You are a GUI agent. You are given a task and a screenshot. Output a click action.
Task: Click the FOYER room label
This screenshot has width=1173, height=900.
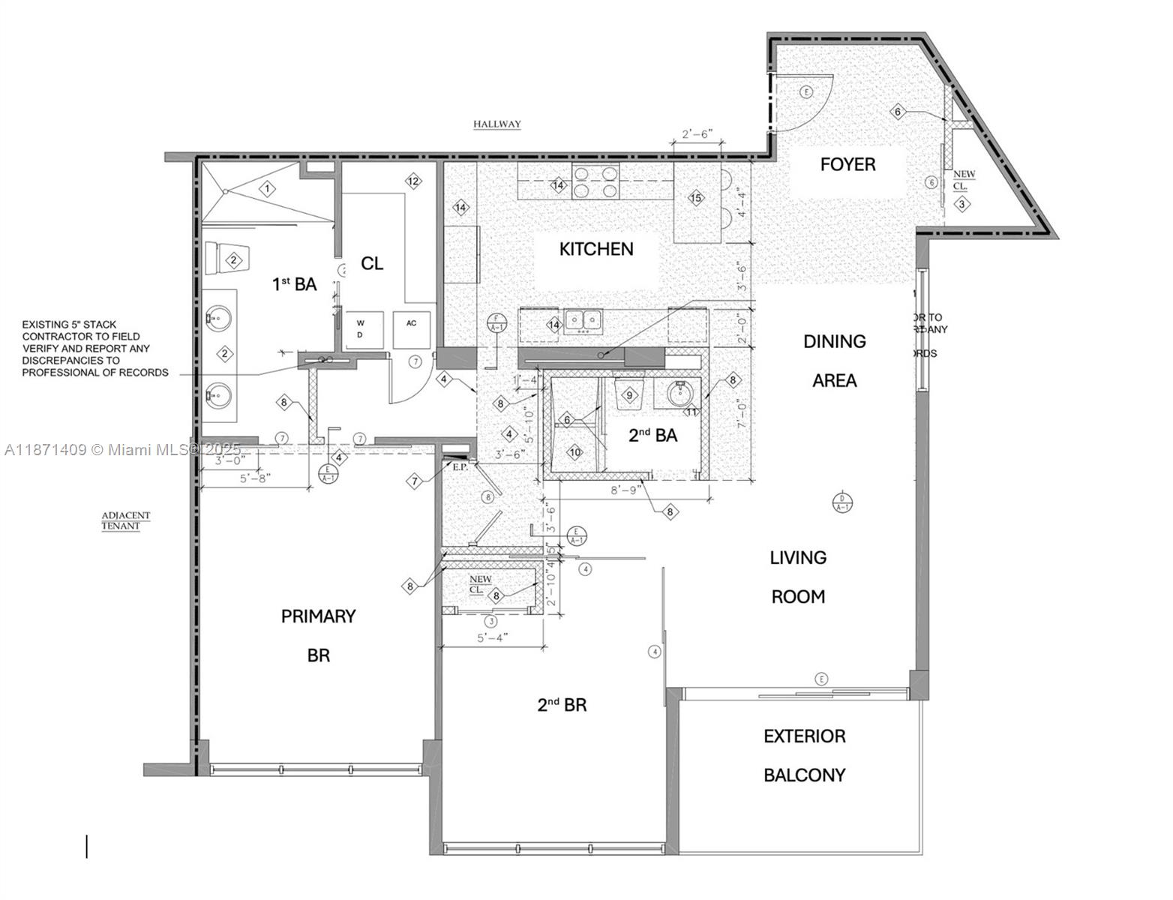click(847, 164)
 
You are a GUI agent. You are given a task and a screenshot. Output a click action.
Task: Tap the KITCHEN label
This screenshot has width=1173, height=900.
click(596, 249)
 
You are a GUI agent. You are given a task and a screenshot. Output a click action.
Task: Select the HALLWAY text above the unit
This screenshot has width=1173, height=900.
click(496, 124)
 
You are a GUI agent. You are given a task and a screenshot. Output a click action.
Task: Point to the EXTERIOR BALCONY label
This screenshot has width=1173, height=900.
click(804, 755)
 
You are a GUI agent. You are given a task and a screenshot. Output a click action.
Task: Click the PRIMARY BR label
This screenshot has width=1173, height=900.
click(318, 635)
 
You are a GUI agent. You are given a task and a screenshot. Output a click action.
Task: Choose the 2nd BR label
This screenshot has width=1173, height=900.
click(562, 705)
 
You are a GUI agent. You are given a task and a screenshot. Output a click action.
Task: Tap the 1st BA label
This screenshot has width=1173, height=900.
click(294, 284)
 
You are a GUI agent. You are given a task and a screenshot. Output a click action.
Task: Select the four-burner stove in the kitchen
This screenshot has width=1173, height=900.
click(595, 181)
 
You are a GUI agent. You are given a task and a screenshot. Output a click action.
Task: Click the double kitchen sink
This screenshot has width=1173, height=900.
click(583, 321)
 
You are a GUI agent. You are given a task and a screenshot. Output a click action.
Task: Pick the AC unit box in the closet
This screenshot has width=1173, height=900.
click(412, 329)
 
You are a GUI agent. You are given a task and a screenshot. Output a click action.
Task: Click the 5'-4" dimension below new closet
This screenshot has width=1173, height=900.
click(493, 637)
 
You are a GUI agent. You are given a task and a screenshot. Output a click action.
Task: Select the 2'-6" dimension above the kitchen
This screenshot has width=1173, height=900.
click(697, 134)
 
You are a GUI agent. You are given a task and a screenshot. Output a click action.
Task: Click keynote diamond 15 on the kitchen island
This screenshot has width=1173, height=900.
click(696, 198)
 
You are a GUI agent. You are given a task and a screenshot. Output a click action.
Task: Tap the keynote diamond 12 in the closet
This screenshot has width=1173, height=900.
click(412, 181)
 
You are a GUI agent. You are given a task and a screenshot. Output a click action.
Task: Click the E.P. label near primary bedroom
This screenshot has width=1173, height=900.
click(459, 466)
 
